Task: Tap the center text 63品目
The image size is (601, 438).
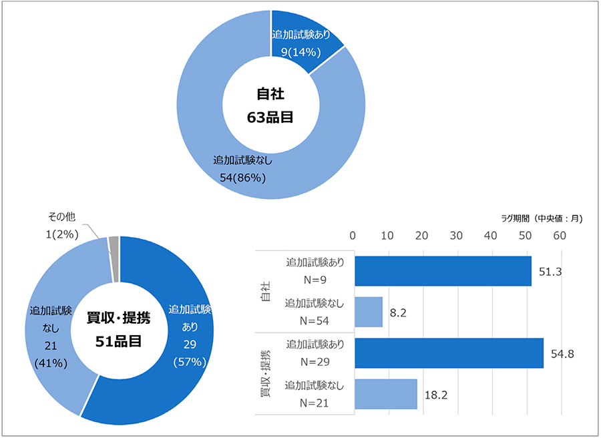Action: tap(271, 118)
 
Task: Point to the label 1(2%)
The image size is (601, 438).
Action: tap(63, 233)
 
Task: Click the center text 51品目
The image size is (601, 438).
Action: tap(118, 341)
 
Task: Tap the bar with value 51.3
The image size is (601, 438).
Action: tap(443, 271)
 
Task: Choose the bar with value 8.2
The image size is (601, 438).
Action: tap(369, 312)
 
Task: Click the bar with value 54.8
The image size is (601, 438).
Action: tap(449, 353)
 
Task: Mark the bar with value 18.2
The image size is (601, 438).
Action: tap(386, 395)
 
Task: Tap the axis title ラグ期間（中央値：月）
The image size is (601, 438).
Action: tap(542, 218)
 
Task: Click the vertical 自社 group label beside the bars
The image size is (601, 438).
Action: tap(266, 292)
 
